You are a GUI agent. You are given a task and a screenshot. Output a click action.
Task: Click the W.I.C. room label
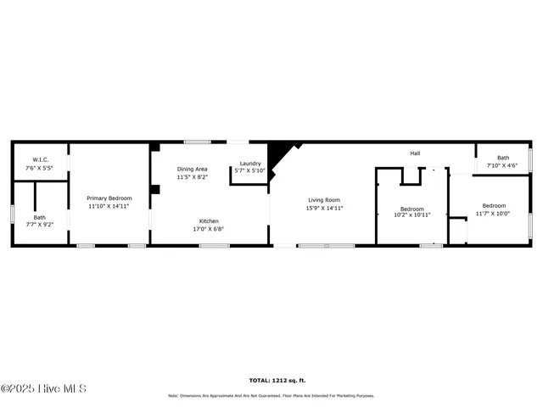coord(41,159)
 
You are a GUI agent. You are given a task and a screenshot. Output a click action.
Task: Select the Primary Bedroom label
coord(109,198)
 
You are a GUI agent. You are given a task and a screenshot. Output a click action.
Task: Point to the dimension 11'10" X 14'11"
coord(109,205)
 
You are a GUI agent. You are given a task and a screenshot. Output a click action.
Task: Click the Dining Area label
coord(192,169)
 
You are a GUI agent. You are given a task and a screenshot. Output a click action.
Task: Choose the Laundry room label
coord(249,163)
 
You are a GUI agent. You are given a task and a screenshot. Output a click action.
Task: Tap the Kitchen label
coord(209,221)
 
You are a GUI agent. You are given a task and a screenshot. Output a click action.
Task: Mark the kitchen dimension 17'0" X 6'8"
coord(209,229)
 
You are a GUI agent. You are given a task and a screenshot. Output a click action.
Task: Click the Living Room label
coord(324,200)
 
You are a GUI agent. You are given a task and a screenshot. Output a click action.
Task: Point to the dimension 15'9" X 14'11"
coord(324,208)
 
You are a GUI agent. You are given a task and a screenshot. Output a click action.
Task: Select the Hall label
coord(415,153)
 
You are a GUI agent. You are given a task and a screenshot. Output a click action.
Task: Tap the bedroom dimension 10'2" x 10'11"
coord(412,215)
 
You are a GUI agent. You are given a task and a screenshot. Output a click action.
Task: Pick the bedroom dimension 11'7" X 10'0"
coord(494,213)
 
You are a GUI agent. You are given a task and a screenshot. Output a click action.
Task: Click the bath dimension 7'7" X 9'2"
coord(40,225)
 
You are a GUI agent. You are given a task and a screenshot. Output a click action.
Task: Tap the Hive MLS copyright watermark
coord(44,389)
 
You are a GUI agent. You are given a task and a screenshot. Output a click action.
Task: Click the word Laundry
coord(249,163)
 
